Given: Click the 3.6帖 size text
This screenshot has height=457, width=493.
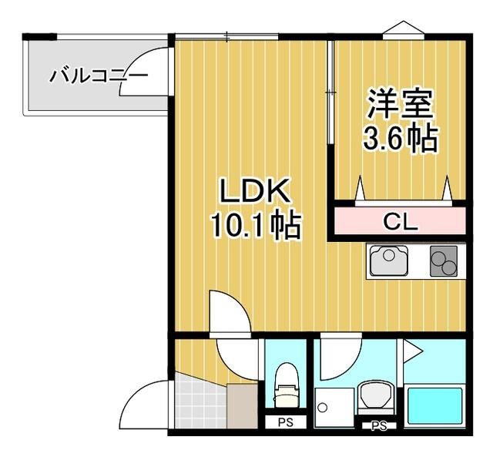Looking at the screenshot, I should [x=400, y=138].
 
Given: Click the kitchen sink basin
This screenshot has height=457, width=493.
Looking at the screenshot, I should [x=390, y=260].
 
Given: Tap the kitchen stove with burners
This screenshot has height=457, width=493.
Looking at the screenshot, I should [x=444, y=261].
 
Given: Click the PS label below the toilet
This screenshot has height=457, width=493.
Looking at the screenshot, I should [x=286, y=423].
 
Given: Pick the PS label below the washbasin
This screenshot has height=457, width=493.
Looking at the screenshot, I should [x=378, y=425].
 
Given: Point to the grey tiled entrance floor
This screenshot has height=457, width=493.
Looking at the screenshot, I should [x=199, y=401].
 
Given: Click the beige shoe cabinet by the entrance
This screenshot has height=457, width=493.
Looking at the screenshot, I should [x=243, y=405].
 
